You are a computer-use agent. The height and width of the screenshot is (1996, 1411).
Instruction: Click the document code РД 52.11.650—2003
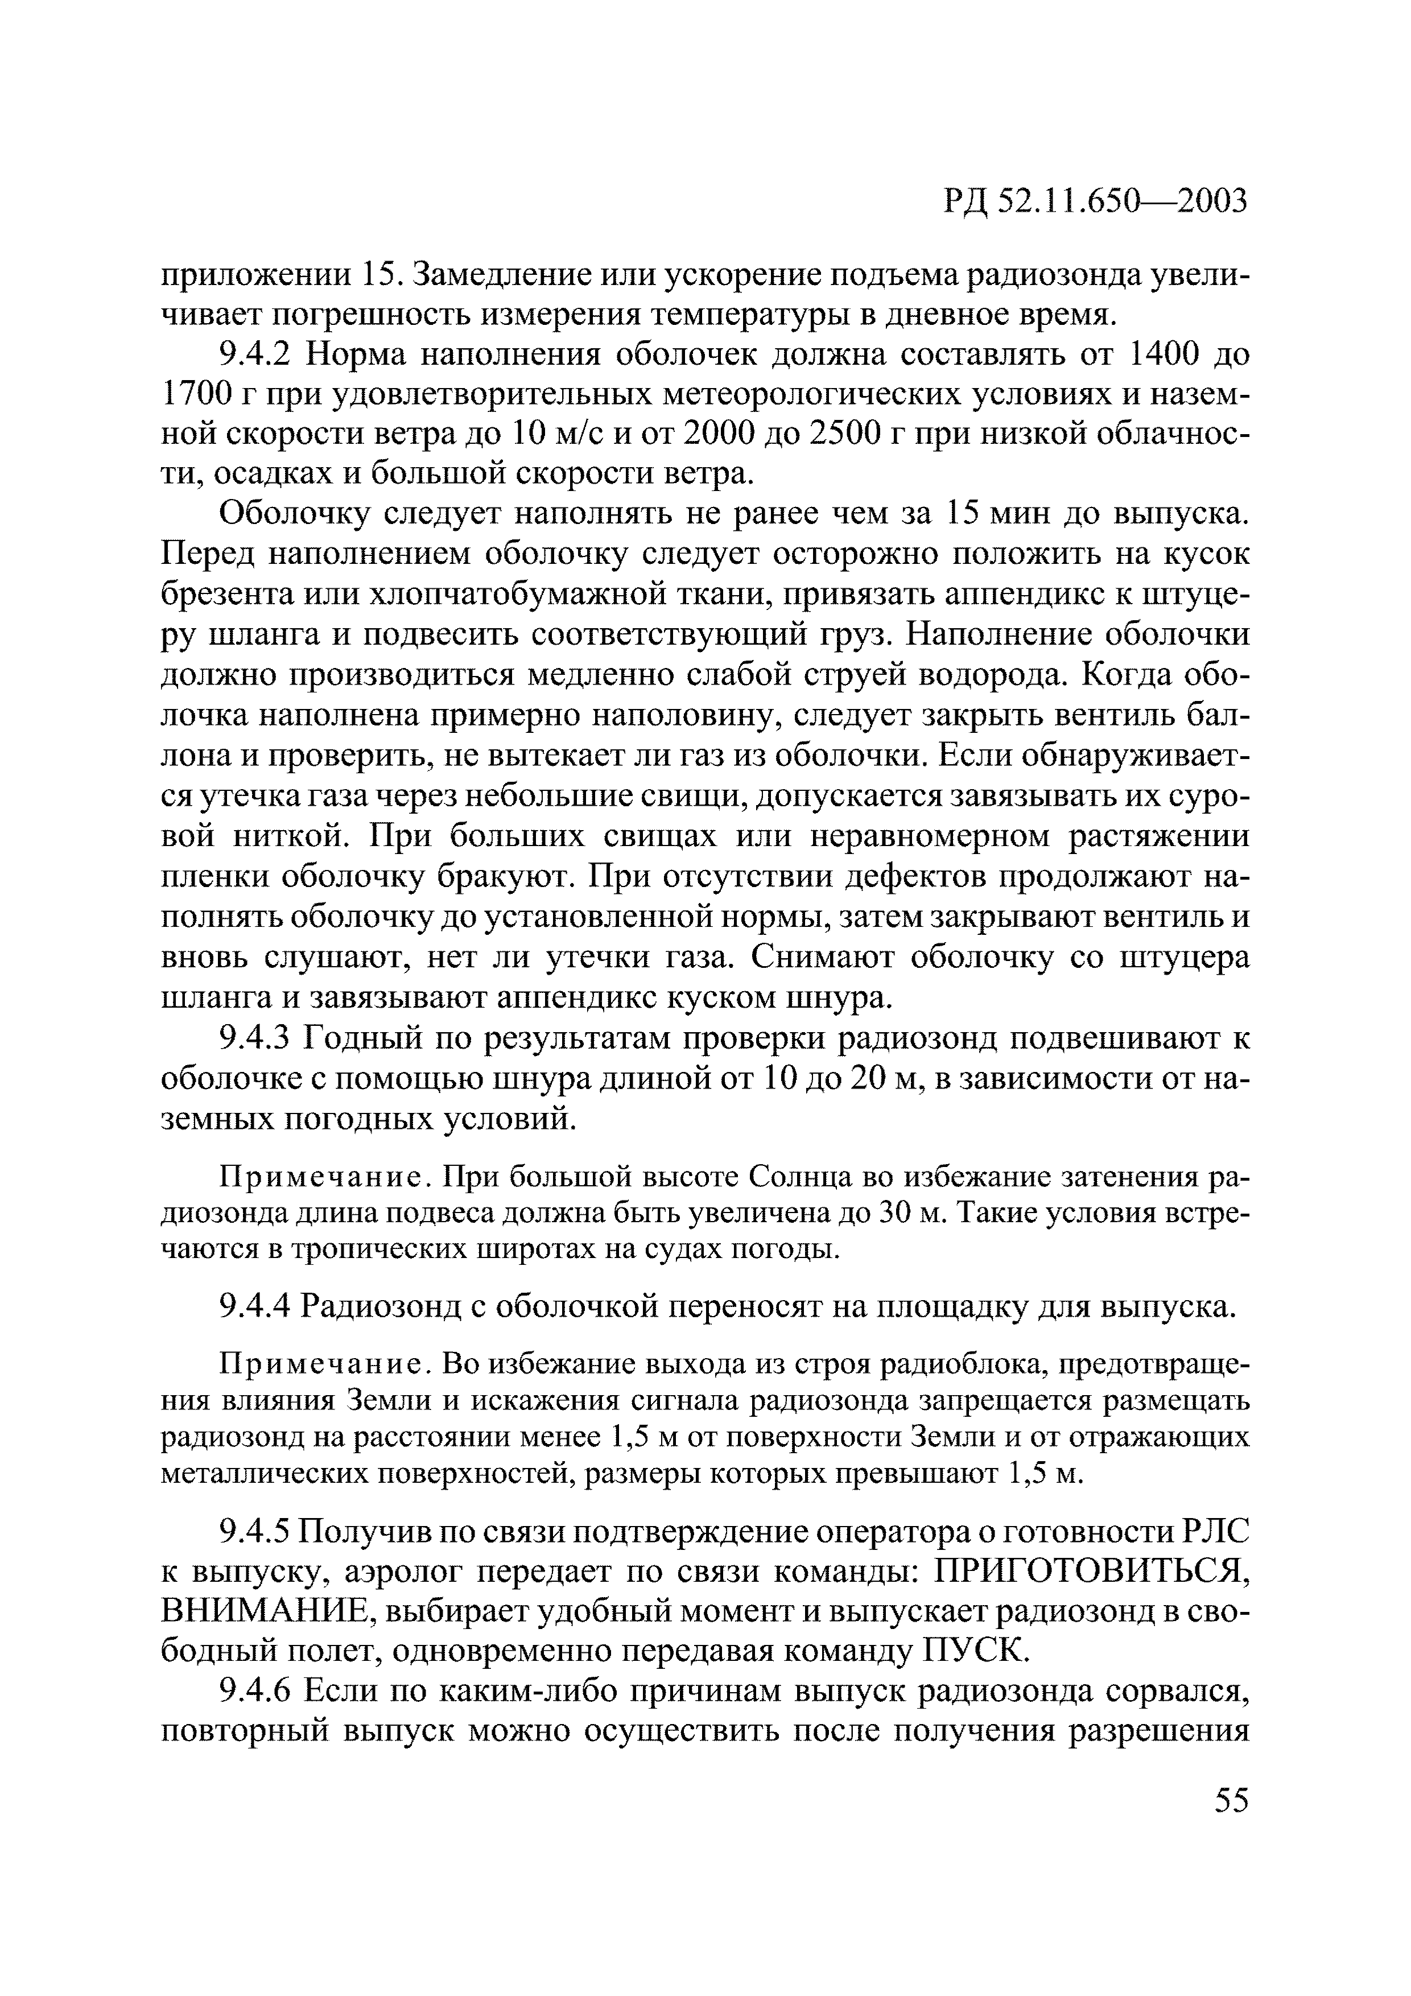(1095, 201)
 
